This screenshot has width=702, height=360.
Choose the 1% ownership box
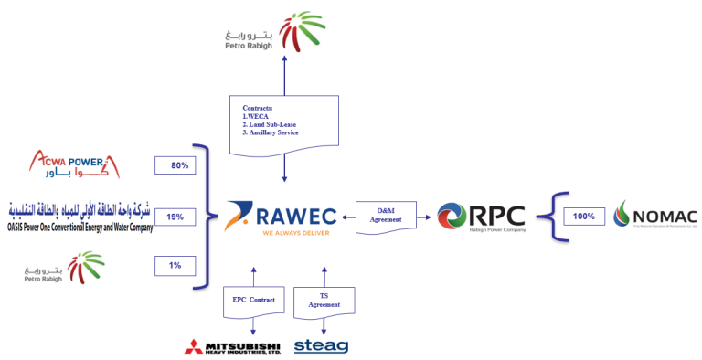[175, 265]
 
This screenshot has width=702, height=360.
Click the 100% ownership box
[584, 217]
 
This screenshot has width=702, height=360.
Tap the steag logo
[320, 346]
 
